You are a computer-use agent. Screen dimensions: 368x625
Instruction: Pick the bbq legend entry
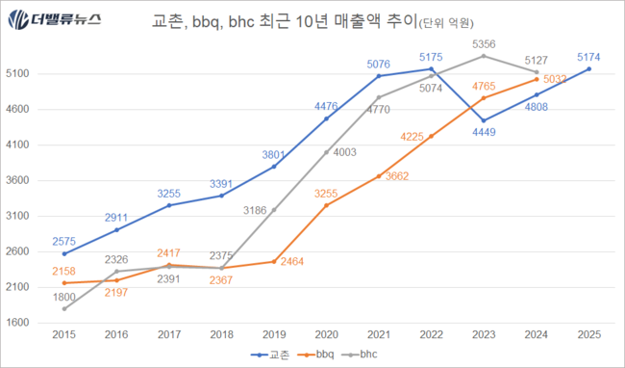(324, 355)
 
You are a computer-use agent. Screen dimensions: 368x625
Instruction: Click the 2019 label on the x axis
(274, 335)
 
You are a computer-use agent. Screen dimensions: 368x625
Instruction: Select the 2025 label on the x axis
(588, 335)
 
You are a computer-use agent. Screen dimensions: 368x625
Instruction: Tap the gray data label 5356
(484, 44)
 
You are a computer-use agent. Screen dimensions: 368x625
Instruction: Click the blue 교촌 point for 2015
(64, 253)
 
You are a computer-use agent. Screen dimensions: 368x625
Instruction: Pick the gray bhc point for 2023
(484, 56)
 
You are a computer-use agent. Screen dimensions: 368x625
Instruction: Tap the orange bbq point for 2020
(326, 205)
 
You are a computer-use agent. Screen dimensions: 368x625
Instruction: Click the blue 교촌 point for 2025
(588, 69)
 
